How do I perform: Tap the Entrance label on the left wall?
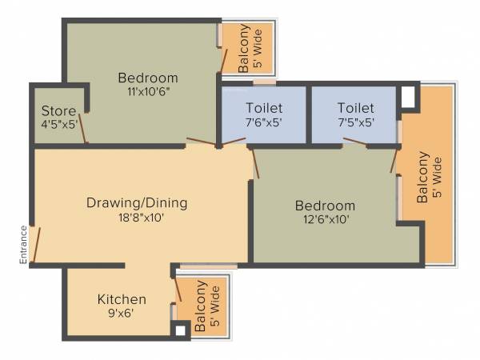click(x=24, y=244)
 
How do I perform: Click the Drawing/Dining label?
click(x=137, y=203)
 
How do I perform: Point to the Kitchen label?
click(x=122, y=299)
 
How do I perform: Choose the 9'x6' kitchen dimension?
click(x=122, y=313)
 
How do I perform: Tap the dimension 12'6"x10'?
click(x=324, y=218)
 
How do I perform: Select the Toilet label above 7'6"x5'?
click(x=264, y=108)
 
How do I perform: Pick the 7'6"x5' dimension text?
click(x=264, y=122)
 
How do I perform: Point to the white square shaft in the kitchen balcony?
click(x=181, y=329)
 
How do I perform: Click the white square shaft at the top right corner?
click(x=408, y=96)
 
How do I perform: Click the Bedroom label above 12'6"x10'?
click(x=324, y=205)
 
